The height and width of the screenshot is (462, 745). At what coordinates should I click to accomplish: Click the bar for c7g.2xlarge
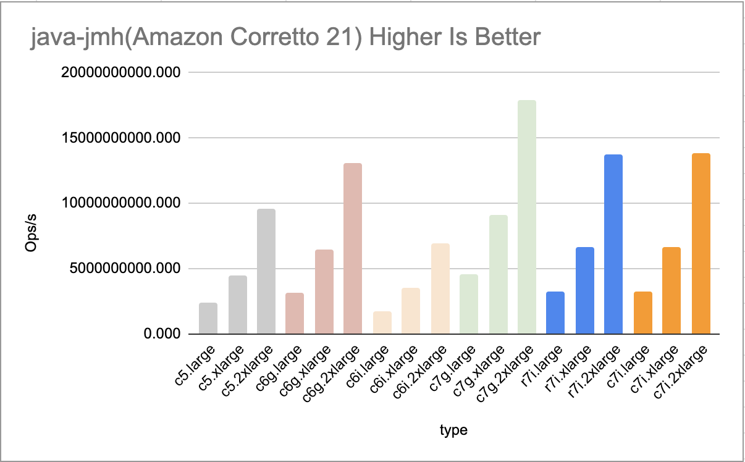pos(527,217)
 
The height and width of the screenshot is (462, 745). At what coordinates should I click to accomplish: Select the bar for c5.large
pos(208,319)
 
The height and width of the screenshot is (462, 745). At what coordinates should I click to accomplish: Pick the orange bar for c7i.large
pos(642,313)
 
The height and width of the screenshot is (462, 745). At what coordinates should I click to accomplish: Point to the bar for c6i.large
pos(382,323)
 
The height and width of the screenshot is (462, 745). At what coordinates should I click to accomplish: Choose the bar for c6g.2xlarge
pos(353,249)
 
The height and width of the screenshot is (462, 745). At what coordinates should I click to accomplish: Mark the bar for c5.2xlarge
pos(266,272)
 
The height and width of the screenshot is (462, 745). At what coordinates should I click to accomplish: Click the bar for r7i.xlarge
pos(584,291)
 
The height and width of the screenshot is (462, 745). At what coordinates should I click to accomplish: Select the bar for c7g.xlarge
pos(498,275)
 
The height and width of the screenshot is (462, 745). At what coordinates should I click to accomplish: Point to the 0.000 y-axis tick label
pos(162,334)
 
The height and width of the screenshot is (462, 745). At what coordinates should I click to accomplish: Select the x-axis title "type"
pos(453,430)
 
